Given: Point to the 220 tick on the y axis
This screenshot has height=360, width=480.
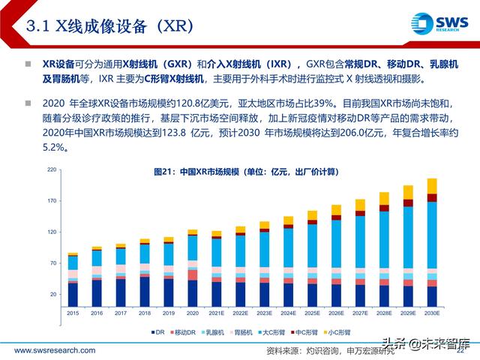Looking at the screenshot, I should coord(52,170).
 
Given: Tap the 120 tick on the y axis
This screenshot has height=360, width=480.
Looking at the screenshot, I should coord(52,232).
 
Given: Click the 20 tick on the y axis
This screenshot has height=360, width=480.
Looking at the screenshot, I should coord(54,294).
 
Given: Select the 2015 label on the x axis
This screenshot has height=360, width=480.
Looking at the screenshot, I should coord(73,313).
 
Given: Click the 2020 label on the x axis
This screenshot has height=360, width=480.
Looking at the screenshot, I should coord(192,313).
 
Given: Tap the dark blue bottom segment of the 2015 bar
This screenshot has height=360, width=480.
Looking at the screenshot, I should coord(73,295).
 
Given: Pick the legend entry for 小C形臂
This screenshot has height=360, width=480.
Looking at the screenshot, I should coord(361,329).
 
